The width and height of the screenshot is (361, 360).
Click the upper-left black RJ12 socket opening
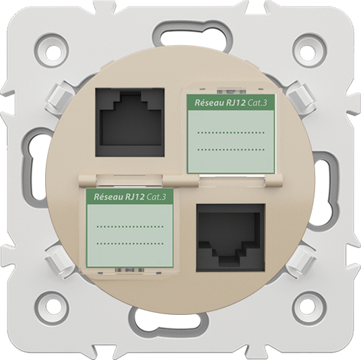tap(130, 122)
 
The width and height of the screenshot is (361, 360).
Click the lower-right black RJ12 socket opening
tap(230, 238)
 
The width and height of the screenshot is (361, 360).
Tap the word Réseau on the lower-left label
tap(107, 196)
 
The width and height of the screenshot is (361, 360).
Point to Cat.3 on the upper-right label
tap(257, 103)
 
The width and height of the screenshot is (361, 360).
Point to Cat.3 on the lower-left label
tap(156, 197)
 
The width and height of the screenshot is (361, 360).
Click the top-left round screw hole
tap(53, 52)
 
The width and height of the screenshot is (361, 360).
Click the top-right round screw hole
tap(308, 52)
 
